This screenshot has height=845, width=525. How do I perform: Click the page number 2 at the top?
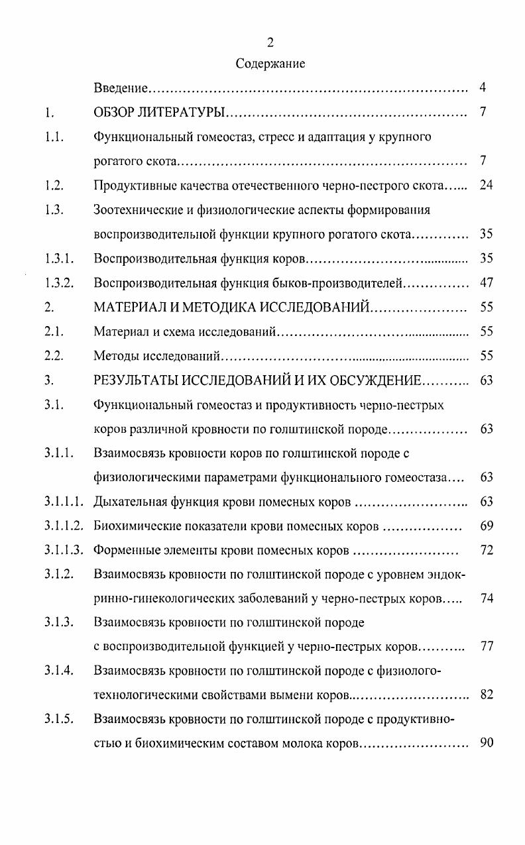(x=270, y=43)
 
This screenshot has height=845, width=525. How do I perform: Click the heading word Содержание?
(x=270, y=64)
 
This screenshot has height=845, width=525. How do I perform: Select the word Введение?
(x=121, y=88)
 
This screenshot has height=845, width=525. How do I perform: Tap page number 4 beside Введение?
(x=483, y=87)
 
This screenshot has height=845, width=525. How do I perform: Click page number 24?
(x=486, y=185)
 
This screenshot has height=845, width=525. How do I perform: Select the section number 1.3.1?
(x=58, y=258)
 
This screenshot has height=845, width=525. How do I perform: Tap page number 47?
(x=486, y=283)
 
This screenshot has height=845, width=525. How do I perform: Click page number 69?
(x=486, y=526)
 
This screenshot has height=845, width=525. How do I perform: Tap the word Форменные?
(x=125, y=551)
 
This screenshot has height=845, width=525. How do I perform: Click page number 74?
(x=486, y=599)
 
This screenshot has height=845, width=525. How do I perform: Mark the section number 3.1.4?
(x=58, y=671)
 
